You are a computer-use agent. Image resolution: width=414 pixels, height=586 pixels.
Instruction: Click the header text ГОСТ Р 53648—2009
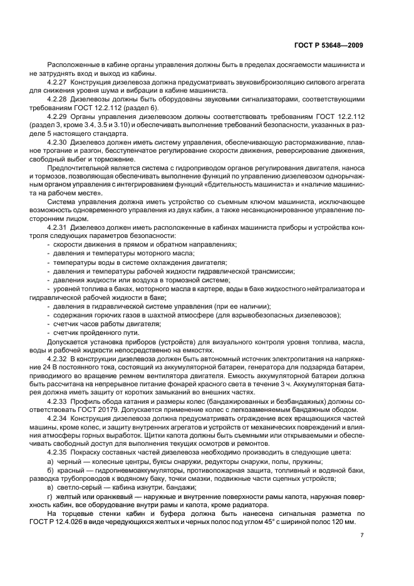coord(329,46)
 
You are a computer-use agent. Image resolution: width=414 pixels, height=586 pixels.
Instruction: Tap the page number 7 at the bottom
coord(362,535)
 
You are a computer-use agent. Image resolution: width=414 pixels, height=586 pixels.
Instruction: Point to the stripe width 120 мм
coord(342,522)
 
